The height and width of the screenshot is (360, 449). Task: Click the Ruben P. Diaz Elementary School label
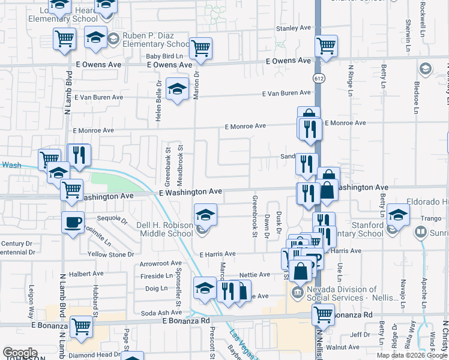[x=156, y=40]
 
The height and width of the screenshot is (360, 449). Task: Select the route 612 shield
[x=317, y=79]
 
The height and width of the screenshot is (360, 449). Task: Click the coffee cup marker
[x=73, y=223]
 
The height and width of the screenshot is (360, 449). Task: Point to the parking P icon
[x=315, y=260]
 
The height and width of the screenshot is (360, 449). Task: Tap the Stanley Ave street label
[x=293, y=28]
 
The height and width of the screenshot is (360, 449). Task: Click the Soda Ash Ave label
[x=161, y=313]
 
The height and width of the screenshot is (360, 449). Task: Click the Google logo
[x=20, y=353]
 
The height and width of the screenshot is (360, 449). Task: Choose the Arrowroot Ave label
[x=160, y=263]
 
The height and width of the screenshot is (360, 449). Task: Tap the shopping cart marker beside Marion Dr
[x=200, y=48]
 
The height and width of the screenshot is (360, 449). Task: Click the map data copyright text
[x=411, y=355]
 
